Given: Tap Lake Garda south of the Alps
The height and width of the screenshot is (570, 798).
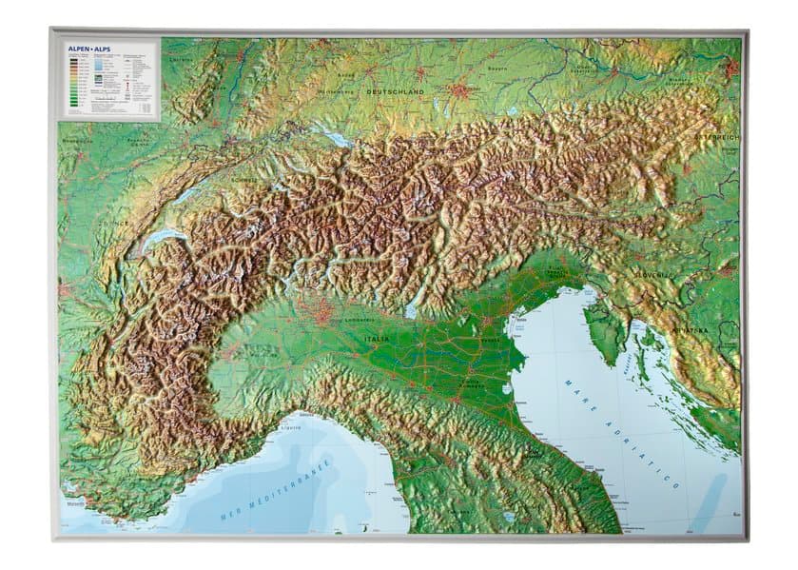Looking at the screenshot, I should pyautogui.click(x=411, y=309).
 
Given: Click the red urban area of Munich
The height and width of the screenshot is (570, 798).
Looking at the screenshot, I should pyautogui.click(x=463, y=91).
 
